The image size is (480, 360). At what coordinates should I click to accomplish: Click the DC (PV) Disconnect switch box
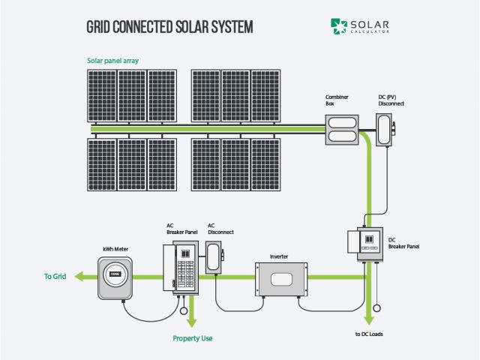[385, 129]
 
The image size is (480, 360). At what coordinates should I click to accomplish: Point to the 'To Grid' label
[55, 277]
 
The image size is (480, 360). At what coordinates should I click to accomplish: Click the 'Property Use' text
[193, 338]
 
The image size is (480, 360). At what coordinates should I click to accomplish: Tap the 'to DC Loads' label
[370, 333]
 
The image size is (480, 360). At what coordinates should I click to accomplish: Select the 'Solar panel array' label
[112, 60]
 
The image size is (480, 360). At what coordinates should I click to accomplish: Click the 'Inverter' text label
[278, 256]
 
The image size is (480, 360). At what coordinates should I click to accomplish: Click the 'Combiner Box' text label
[334, 100]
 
